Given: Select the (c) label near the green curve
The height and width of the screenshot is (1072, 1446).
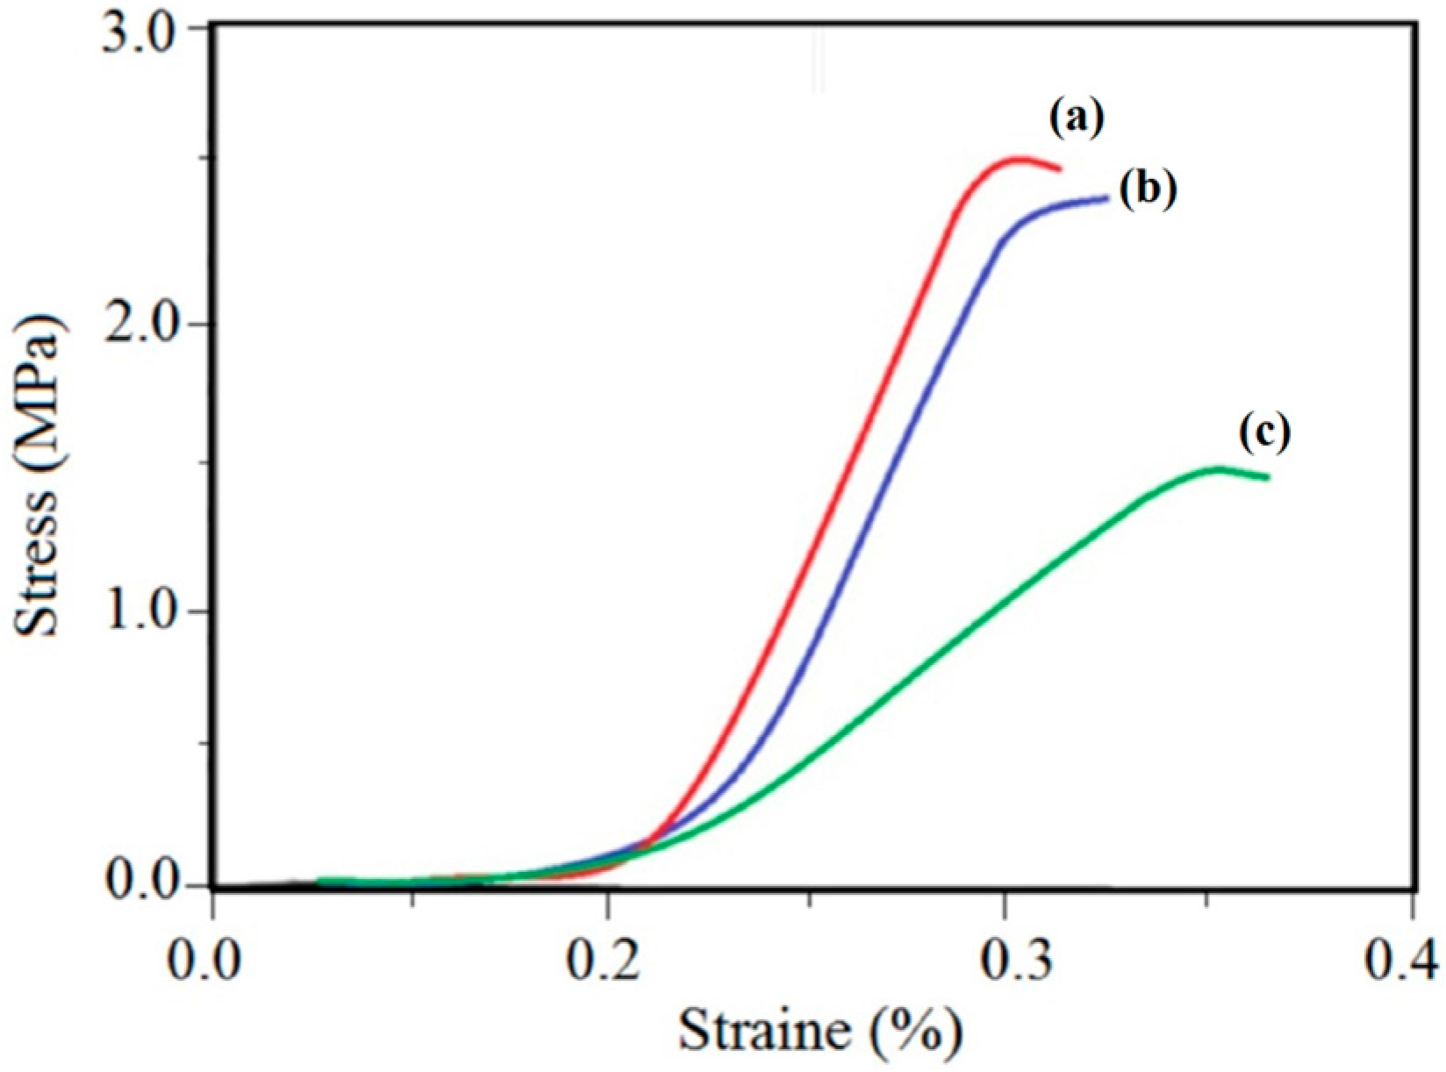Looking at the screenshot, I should coord(1264,433).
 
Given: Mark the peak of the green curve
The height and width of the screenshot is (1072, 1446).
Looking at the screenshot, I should coord(1218,468).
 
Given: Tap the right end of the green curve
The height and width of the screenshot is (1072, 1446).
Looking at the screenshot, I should coord(1268,477).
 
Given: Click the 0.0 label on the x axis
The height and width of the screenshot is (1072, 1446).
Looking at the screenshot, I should coord(213,958).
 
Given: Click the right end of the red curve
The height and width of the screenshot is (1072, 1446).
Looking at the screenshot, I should coord(1060,168).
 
